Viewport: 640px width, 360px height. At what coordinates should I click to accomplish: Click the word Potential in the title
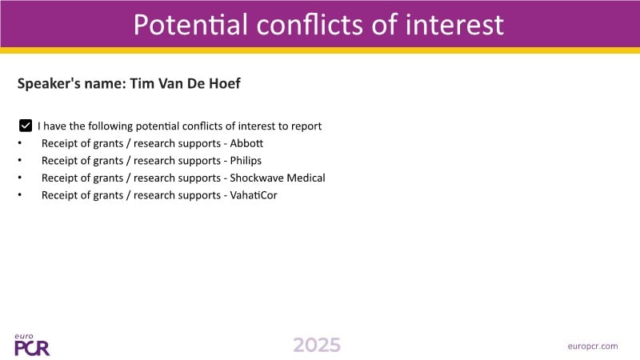[190, 24]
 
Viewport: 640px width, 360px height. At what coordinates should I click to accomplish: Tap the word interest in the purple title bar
[454, 24]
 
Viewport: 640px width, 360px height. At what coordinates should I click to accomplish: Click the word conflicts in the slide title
[310, 24]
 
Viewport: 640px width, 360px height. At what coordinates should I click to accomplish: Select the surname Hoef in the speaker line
[225, 83]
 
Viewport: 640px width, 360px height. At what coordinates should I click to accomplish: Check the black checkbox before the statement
[26, 126]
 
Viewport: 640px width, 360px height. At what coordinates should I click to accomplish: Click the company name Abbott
[246, 143]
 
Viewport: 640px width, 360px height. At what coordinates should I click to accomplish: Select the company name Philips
[246, 161]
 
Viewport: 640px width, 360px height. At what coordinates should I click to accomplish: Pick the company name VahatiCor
[254, 195]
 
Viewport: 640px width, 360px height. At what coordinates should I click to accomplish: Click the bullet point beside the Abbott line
[19, 143]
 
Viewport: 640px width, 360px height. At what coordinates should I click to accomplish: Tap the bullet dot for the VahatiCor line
[19, 195]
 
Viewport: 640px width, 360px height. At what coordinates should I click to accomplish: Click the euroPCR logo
[32, 345]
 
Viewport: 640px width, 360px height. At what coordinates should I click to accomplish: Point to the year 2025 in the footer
[317, 346]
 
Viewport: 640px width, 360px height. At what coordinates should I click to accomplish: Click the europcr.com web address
[593, 346]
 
